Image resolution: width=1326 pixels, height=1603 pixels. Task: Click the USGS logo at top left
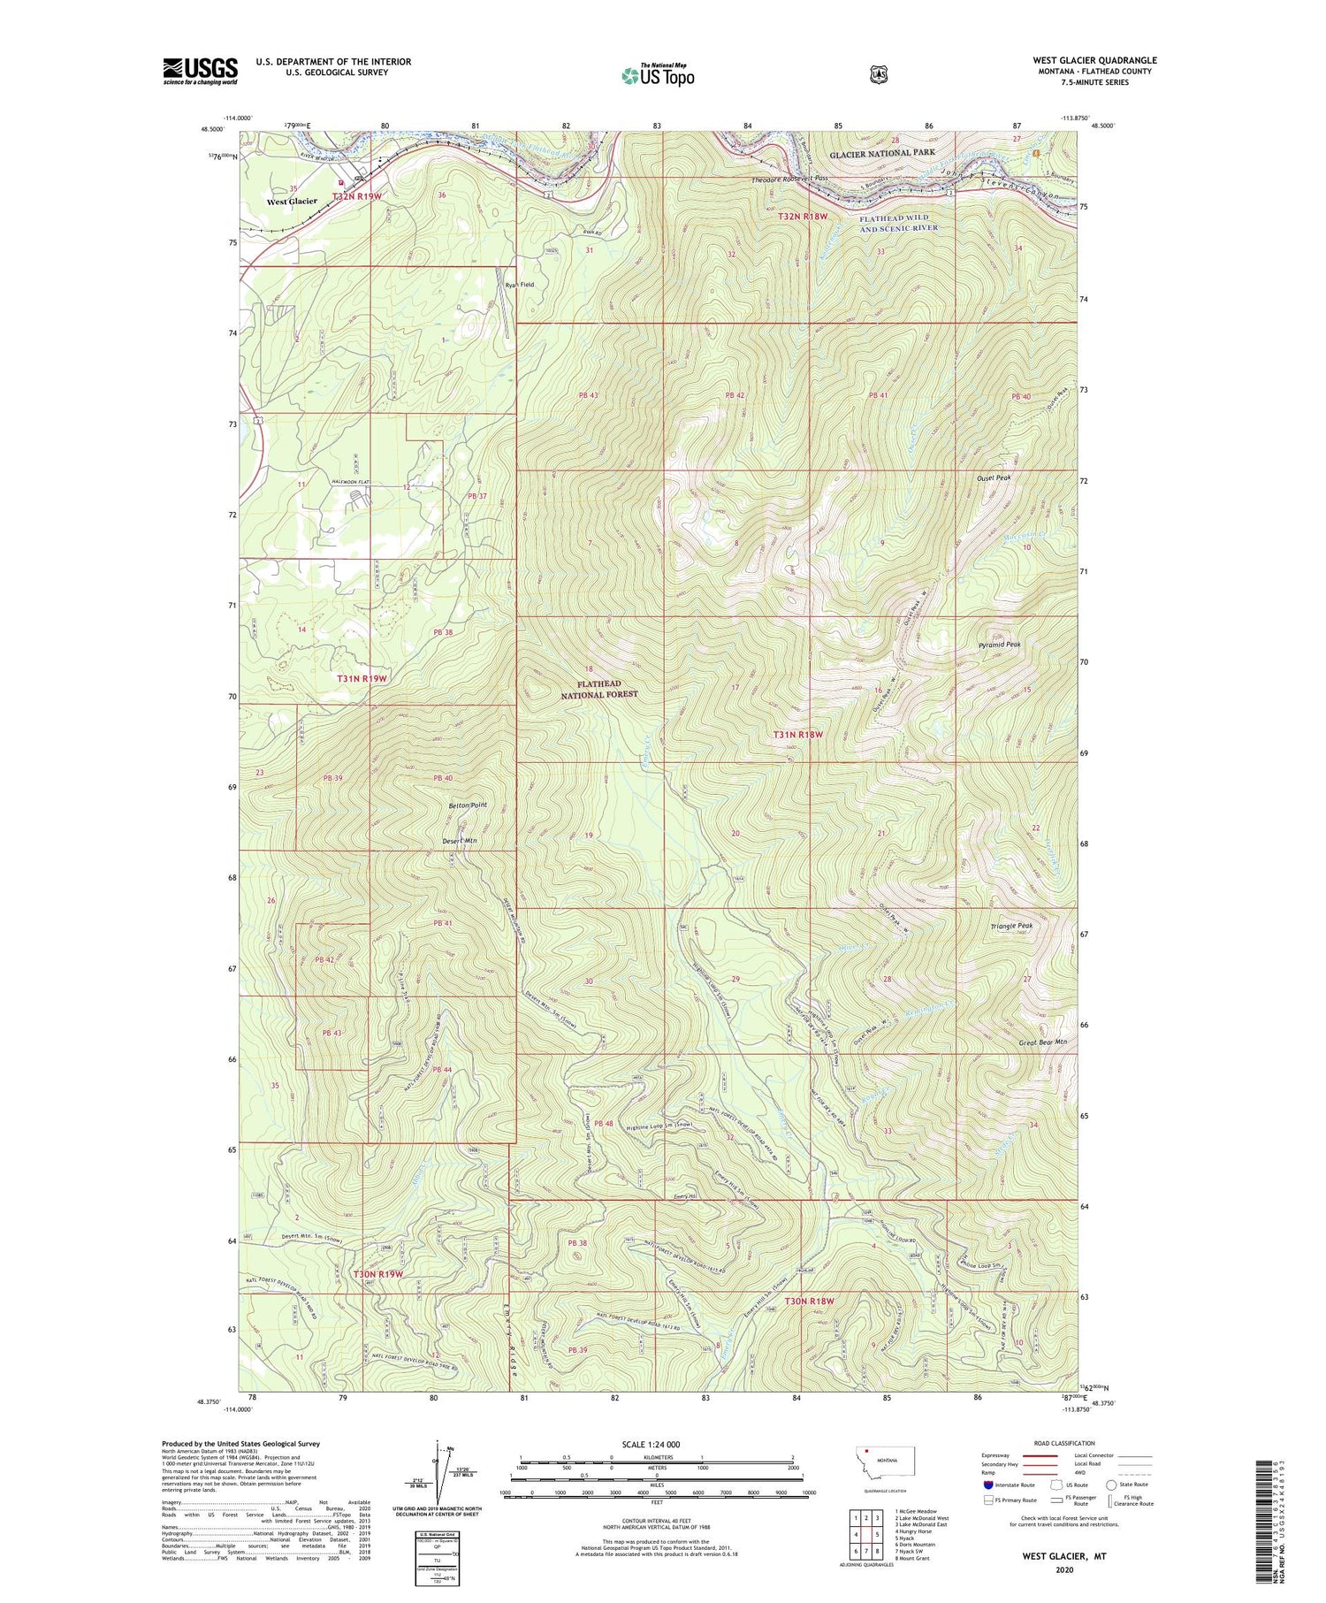tap(201, 71)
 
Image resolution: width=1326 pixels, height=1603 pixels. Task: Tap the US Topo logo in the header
tap(658, 75)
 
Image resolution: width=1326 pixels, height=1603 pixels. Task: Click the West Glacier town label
tap(292, 202)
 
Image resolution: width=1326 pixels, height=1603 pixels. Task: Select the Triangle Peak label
tap(1011, 926)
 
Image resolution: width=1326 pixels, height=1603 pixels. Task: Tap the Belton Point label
tap(467, 805)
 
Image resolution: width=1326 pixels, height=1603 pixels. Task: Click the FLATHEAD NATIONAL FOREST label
tap(599, 689)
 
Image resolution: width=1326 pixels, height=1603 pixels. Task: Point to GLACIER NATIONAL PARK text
tap(881, 153)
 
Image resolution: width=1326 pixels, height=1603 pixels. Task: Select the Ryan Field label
tap(520, 285)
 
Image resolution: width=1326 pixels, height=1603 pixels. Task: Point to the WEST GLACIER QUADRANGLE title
tap(1094, 60)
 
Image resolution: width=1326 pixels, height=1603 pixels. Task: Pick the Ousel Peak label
tap(993, 477)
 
